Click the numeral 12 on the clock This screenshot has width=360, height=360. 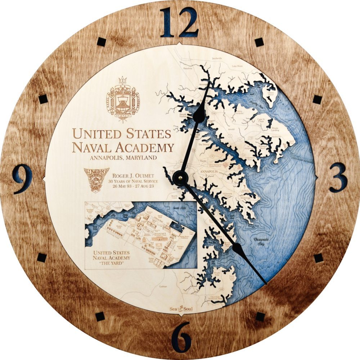(x=179, y=22)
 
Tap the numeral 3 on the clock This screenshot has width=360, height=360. (x=338, y=177)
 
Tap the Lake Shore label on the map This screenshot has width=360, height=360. (x=237, y=66)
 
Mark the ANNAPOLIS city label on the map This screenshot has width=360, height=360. (x=208, y=172)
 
